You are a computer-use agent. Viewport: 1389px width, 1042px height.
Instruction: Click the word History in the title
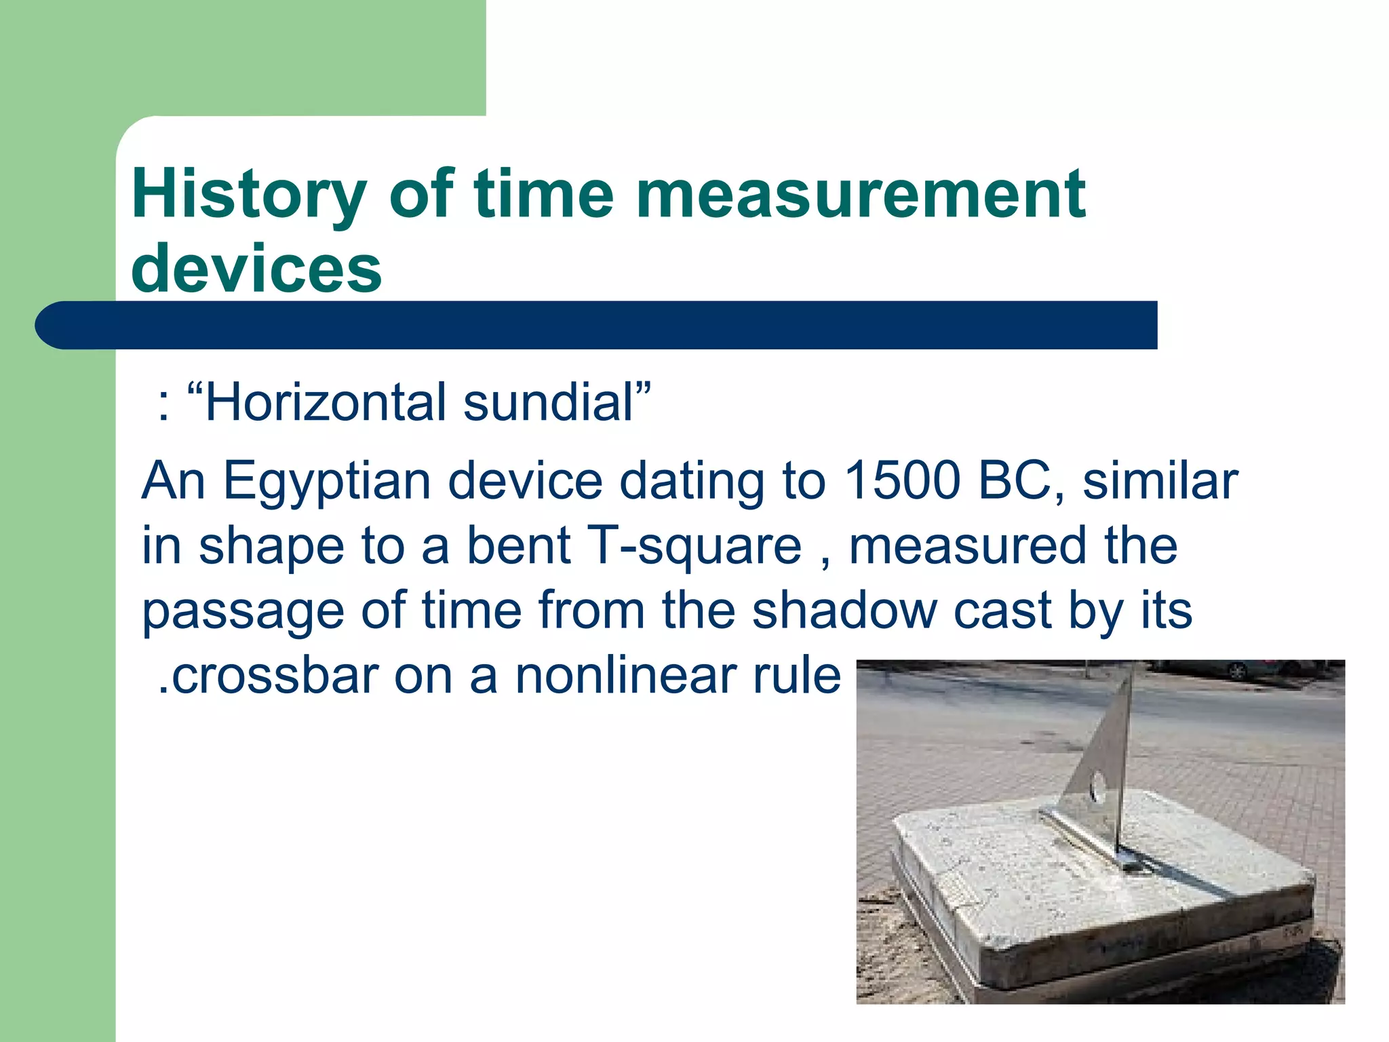tap(248, 195)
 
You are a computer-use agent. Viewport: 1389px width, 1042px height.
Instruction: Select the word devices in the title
tap(256, 269)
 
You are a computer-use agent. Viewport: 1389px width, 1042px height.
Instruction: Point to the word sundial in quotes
tap(548, 403)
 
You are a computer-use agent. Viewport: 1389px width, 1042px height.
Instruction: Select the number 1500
tap(902, 480)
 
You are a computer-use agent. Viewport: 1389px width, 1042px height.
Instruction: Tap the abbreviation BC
tap(1017, 480)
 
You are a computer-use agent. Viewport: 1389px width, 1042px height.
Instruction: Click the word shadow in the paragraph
tap(844, 611)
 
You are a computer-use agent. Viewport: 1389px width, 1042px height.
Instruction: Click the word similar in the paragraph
tap(1160, 480)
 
